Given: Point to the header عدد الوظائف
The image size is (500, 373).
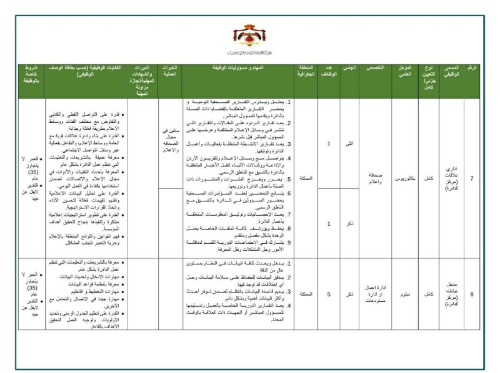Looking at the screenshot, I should [329, 71].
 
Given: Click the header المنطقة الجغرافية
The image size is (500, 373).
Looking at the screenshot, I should [306, 71].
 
